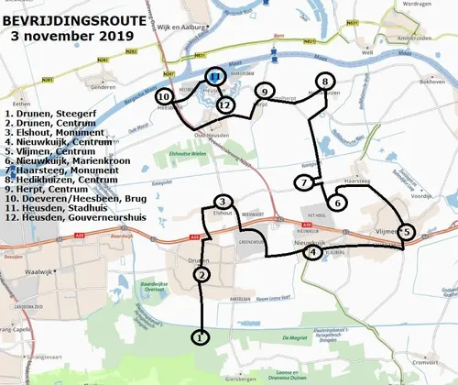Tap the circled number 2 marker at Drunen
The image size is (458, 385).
(202, 273)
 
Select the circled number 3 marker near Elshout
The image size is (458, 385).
(223, 202)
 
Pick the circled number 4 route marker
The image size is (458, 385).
(312, 252)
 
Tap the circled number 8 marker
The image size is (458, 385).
(323, 82)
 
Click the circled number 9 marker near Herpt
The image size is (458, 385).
(263, 92)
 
